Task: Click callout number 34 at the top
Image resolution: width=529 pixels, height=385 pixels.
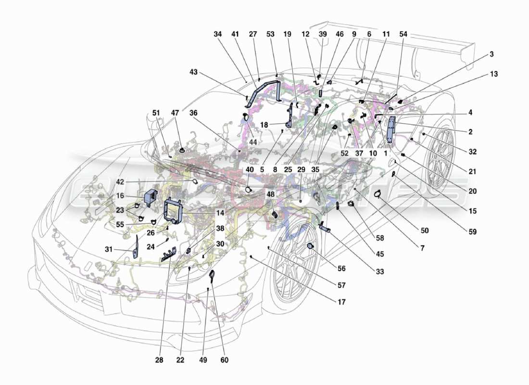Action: click(218, 34)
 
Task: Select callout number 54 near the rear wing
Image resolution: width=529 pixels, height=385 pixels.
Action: click(403, 34)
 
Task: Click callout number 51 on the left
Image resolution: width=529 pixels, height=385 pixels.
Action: click(155, 113)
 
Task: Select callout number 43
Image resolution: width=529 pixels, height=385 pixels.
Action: click(193, 72)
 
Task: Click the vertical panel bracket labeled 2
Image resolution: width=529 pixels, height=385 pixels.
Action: click(390, 129)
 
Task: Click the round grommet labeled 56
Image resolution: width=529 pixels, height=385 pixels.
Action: click(311, 246)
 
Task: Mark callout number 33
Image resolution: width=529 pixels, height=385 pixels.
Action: click(380, 272)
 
